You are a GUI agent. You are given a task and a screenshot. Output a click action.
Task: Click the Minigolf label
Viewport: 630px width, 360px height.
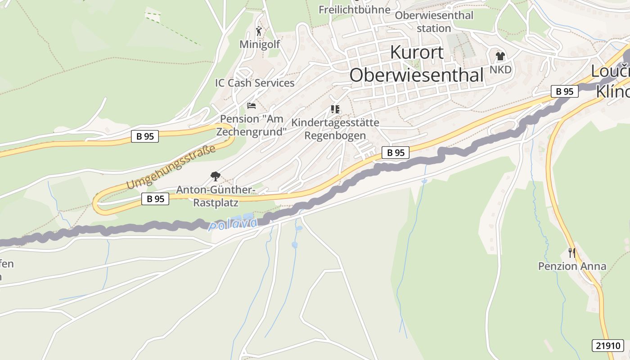(260, 44)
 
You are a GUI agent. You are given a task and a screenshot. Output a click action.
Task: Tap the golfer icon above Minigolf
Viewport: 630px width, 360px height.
(259, 31)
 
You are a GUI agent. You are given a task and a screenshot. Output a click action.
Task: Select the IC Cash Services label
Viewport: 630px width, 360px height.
(255, 83)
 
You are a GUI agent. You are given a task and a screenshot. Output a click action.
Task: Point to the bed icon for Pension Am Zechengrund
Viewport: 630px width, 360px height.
(252, 106)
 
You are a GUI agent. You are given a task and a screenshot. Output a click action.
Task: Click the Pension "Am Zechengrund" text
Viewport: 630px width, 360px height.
(252, 125)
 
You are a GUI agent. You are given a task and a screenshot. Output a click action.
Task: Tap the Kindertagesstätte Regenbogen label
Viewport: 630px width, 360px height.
(335, 129)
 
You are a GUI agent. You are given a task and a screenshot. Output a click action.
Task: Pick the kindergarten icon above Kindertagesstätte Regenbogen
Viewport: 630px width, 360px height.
(335, 109)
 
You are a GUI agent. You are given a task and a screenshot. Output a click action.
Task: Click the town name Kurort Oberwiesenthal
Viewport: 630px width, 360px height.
(416, 63)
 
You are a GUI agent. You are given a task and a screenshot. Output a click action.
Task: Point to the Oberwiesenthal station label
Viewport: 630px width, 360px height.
(434, 22)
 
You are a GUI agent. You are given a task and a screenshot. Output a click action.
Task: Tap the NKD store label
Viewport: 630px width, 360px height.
(500, 70)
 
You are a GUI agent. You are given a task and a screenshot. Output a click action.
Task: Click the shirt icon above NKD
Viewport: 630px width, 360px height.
(500, 56)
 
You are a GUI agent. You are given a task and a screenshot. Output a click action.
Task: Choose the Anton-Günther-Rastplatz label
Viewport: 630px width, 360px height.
(216, 196)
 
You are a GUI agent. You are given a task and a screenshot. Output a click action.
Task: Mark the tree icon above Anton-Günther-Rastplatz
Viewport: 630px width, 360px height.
(216, 176)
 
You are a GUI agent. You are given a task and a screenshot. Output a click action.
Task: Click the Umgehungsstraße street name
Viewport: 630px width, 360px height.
(171, 167)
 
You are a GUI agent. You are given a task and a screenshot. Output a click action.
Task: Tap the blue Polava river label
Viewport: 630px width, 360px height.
(233, 224)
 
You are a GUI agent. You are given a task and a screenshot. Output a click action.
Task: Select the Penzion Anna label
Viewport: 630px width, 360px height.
(572, 266)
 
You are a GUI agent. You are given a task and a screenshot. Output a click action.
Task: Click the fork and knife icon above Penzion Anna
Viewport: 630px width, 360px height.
(571, 252)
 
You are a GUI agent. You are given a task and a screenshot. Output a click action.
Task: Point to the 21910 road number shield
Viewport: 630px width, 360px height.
(607, 346)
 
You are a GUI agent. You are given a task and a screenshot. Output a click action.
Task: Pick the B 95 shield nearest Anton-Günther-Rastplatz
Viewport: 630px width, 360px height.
(155, 198)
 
